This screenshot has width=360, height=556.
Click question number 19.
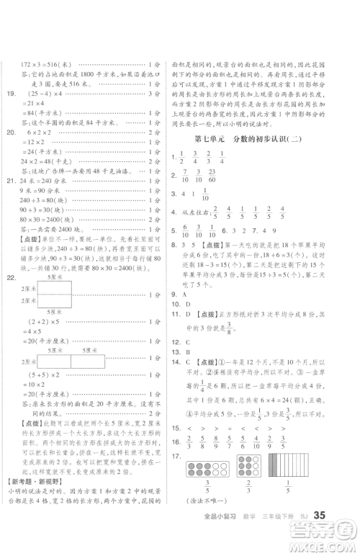[x=12, y=94]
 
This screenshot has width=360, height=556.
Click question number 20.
[x=12, y=134]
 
